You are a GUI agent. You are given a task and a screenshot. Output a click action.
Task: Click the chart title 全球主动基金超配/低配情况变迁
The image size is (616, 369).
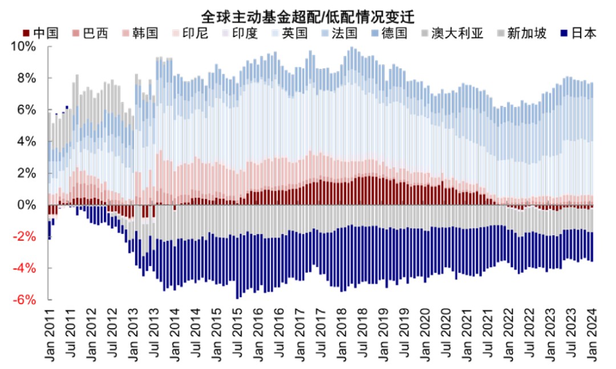(x=309, y=14)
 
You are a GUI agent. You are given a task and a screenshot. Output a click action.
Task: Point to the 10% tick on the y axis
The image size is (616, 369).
(x=25, y=47)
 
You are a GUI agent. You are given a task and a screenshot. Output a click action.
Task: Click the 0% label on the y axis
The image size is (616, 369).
(x=29, y=205)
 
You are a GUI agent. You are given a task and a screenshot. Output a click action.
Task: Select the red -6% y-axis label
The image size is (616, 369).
(x=26, y=300)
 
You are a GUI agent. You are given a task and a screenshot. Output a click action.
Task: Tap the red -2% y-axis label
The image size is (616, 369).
(x=26, y=237)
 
